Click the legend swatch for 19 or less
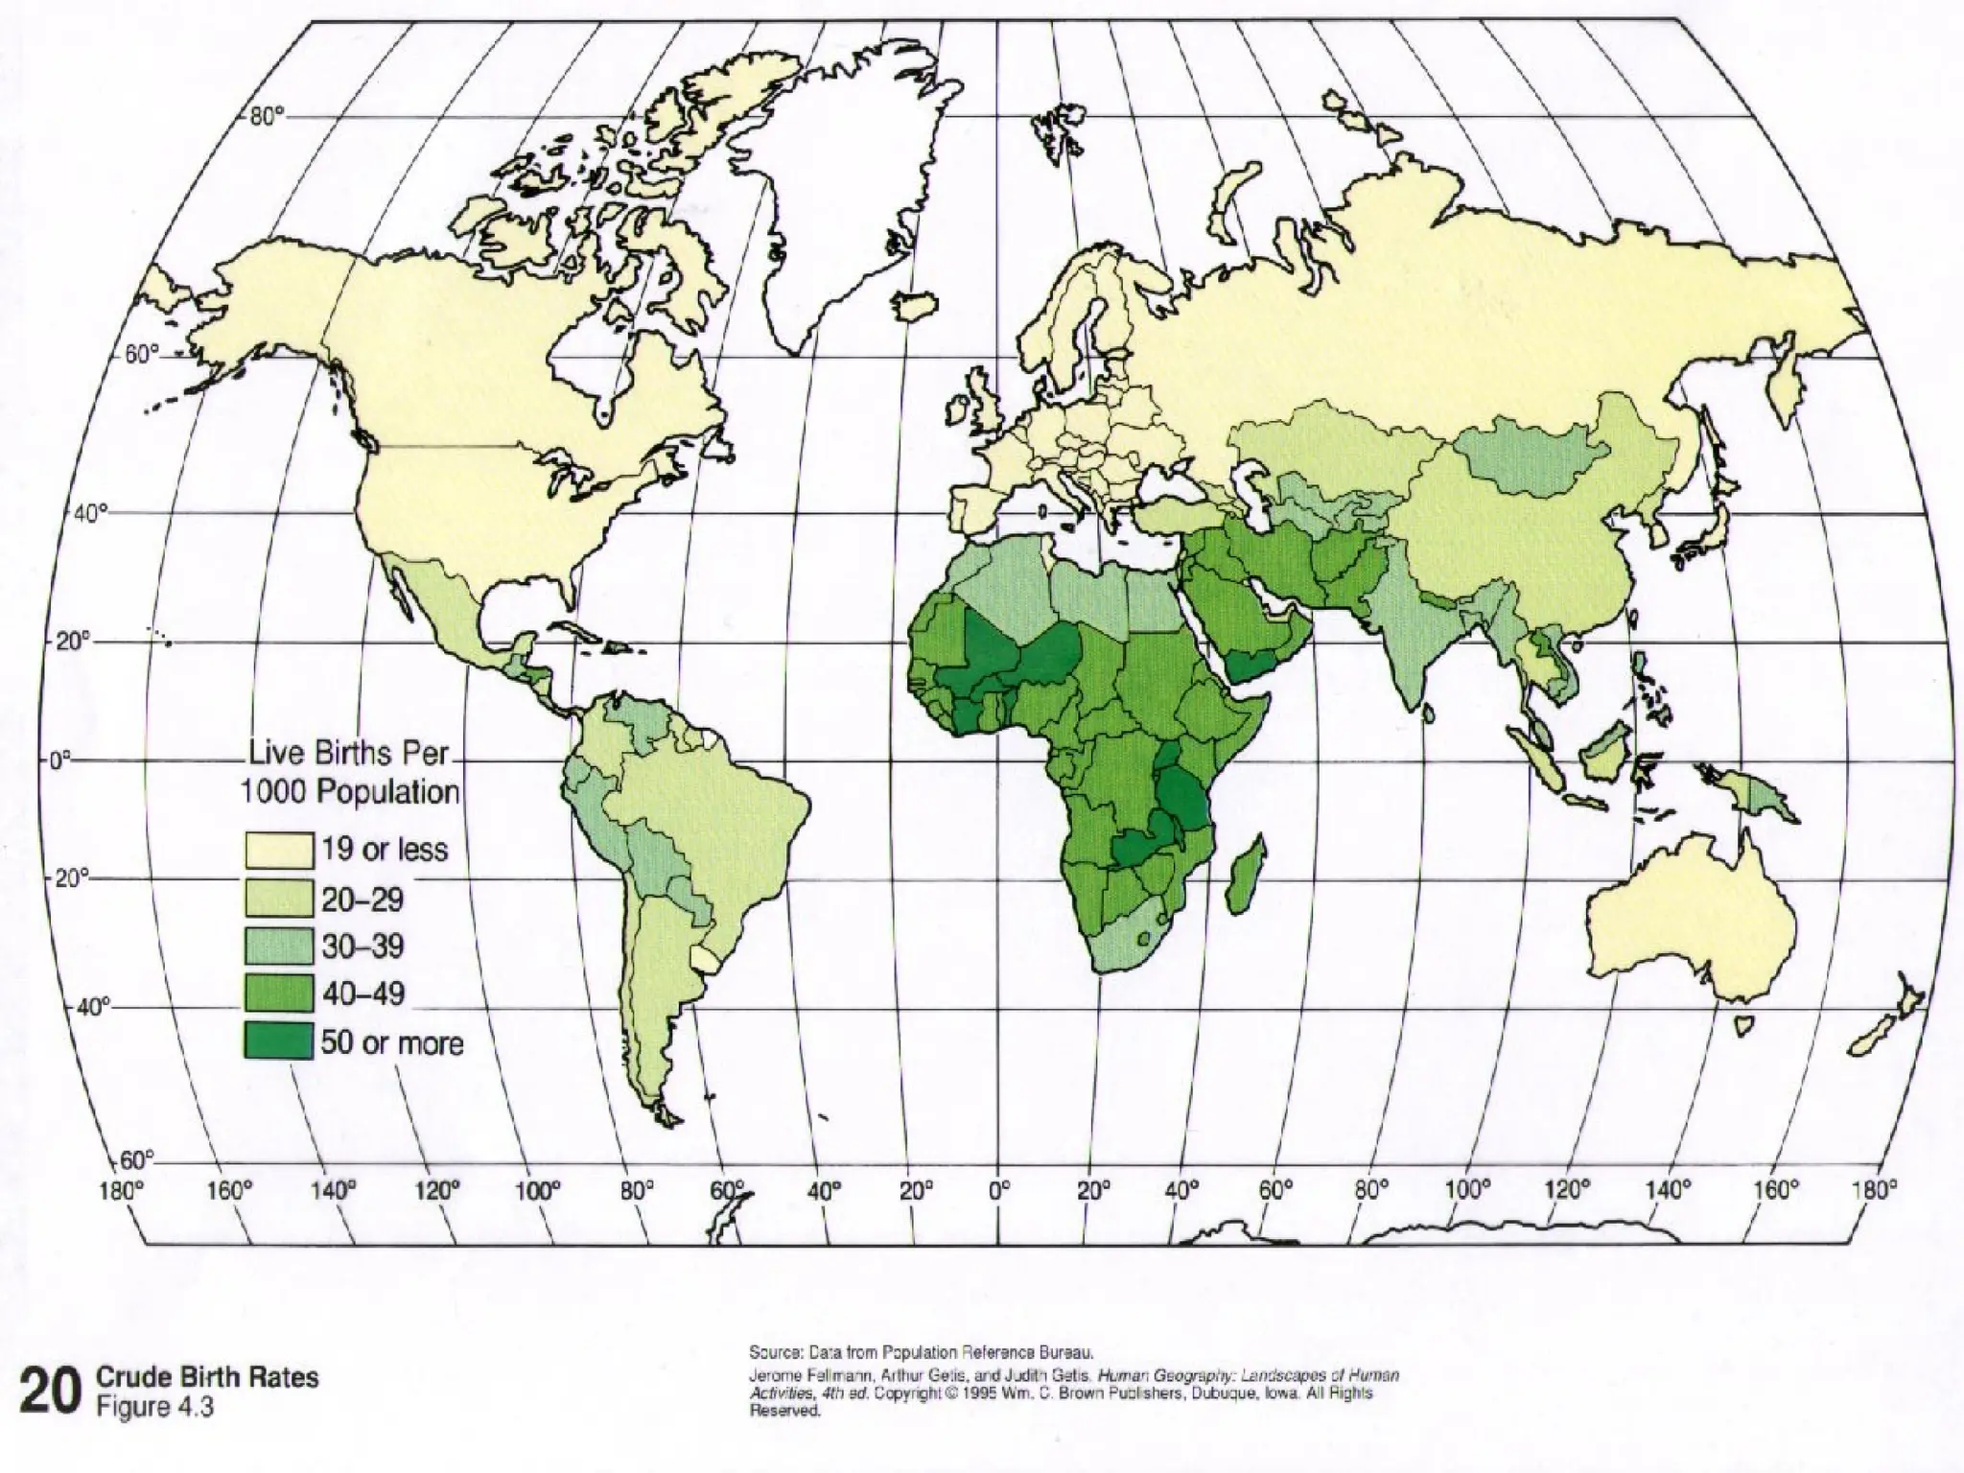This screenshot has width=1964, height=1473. click(279, 850)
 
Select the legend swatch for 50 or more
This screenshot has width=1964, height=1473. click(279, 1040)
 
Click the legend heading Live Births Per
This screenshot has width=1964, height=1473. click(349, 753)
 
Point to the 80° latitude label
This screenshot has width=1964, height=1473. click(268, 117)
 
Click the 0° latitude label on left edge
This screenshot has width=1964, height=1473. click(60, 761)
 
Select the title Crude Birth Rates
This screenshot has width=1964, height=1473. click(208, 1377)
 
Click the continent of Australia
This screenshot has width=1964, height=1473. click(1688, 921)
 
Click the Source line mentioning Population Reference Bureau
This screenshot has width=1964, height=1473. click(920, 1353)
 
